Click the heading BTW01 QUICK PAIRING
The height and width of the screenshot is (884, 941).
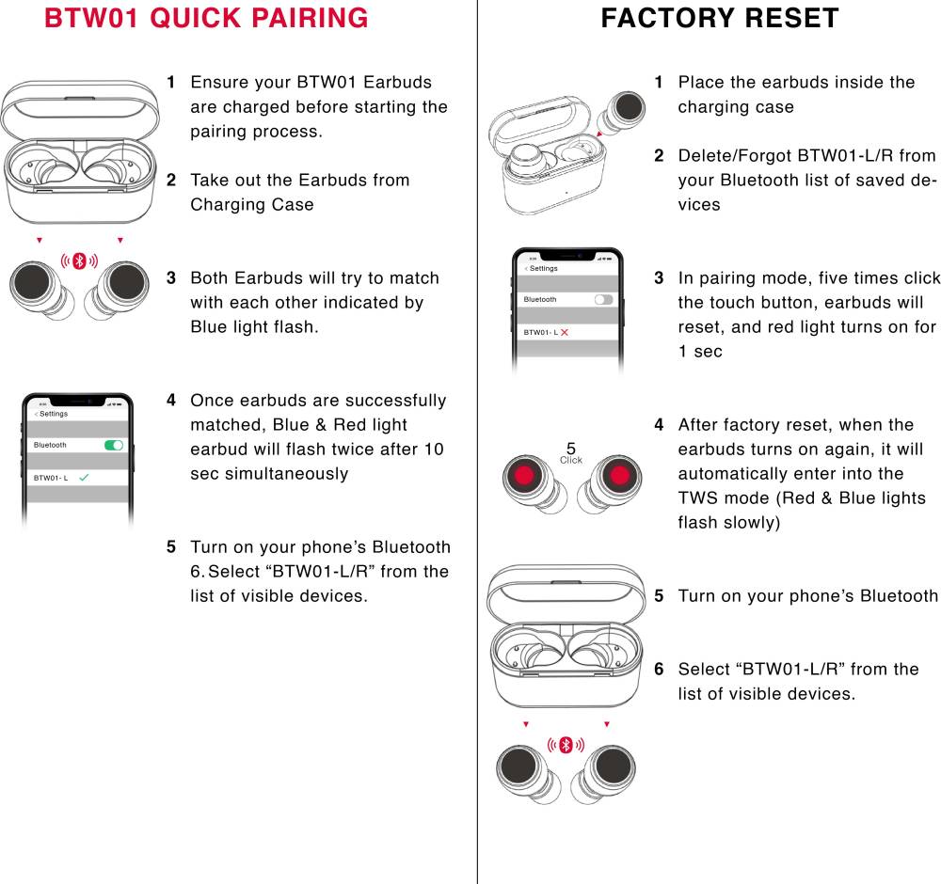click(x=206, y=18)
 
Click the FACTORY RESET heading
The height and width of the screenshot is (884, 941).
click(x=719, y=18)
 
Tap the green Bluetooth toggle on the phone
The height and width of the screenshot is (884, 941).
click(x=114, y=445)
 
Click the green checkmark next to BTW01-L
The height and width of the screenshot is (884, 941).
click(x=84, y=478)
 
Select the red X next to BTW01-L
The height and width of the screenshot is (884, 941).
click(x=565, y=333)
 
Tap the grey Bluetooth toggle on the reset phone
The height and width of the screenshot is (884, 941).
click(x=603, y=299)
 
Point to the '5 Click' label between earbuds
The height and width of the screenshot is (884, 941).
click(x=571, y=454)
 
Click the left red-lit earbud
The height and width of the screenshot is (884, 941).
click(x=522, y=475)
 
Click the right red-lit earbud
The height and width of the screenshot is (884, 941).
click(x=618, y=475)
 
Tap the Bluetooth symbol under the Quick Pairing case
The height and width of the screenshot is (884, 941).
click(x=80, y=260)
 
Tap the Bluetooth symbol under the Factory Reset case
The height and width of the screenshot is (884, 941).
click(x=566, y=745)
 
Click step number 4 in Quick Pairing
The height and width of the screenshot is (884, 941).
click(x=171, y=401)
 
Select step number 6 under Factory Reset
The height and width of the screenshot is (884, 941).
click(x=659, y=670)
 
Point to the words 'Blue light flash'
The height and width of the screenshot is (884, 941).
click(x=254, y=327)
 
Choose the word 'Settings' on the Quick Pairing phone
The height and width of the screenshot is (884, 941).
click(x=53, y=414)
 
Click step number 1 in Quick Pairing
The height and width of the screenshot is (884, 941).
click(x=171, y=83)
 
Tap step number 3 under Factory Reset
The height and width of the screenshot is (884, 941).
click(x=659, y=278)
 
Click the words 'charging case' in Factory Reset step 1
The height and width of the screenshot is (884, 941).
click(x=736, y=107)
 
